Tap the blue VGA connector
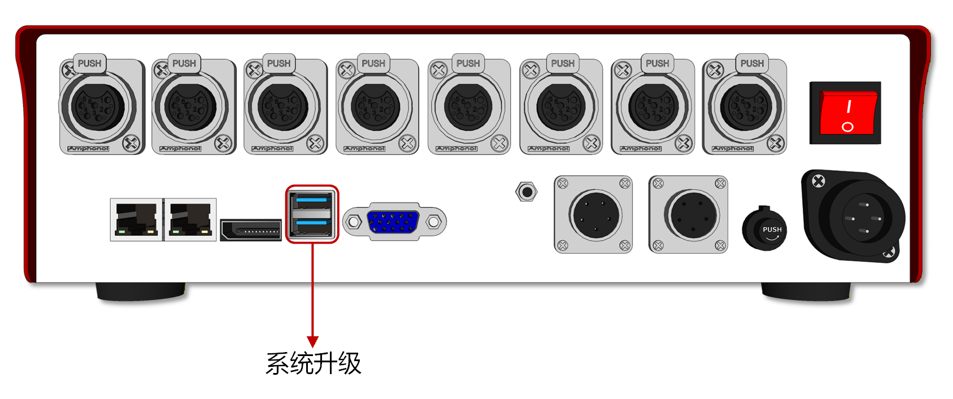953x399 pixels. click(x=393, y=222)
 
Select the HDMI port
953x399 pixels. click(x=251, y=230)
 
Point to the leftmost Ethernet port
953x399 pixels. click(x=136, y=219)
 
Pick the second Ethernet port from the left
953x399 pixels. click(x=190, y=219)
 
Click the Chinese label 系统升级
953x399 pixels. click(x=313, y=363)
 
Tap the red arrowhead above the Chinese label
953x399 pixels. click(x=312, y=341)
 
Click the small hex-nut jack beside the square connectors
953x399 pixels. click(x=526, y=192)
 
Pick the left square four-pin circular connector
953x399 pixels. click(x=594, y=215)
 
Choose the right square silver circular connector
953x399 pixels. click(x=689, y=215)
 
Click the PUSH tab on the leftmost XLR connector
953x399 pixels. click(x=90, y=63)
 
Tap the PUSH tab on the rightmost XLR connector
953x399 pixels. click(x=752, y=63)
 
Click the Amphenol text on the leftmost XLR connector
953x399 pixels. click(x=88, y=149)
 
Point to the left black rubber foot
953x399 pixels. click(x=141, y=291)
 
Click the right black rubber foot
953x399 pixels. click(x=806, y=292)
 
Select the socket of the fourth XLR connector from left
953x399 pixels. click(x=375, y=107)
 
